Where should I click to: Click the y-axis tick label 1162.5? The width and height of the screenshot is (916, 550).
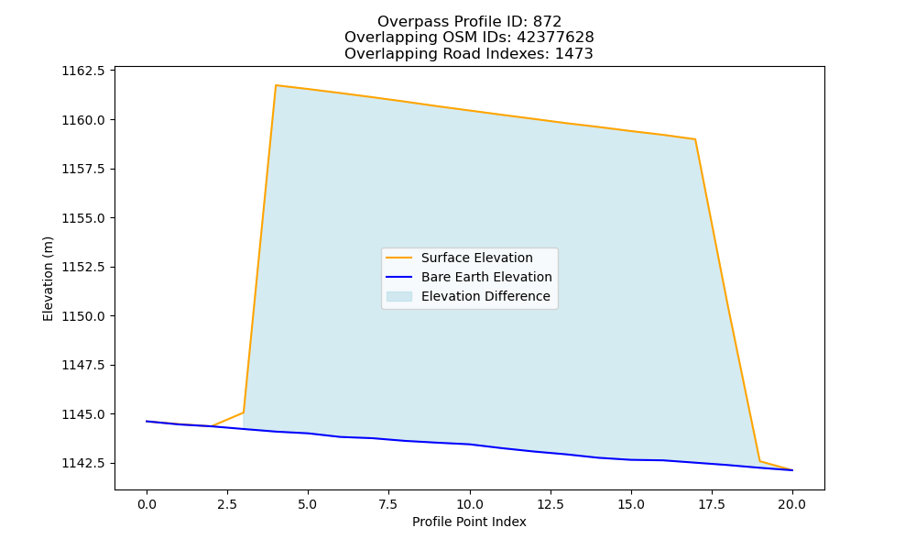tap(83, 71)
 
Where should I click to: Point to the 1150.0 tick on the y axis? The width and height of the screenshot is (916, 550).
tap(83, 316)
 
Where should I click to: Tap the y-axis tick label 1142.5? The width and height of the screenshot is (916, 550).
tap(83, 464)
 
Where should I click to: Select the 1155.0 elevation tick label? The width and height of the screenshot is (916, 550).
tap(83, 218)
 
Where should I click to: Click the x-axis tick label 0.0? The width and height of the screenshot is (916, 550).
tap(147, 504)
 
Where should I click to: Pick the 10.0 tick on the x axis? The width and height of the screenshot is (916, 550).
tap(470, 504)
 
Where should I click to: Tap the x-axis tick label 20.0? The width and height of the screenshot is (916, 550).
tap(792, 504)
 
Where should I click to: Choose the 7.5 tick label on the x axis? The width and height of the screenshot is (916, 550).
tap(388, 504)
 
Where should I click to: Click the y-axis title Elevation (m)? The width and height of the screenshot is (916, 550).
tap(48, 279)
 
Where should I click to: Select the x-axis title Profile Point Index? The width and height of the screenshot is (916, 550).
tap(469, 522)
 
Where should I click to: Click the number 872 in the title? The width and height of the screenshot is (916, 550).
tap(547, 22)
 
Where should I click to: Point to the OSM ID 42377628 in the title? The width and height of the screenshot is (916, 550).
tap(555, 38)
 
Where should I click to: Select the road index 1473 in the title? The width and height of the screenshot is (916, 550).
tap(573, 54)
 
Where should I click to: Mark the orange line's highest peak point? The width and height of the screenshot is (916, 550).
tap(276, 85)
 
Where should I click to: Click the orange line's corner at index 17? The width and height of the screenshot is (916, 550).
tap(695, 139)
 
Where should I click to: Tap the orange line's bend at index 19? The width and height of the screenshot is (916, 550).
tap(759, 461)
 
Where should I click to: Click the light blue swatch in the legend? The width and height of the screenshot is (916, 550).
tap(399, 296)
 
